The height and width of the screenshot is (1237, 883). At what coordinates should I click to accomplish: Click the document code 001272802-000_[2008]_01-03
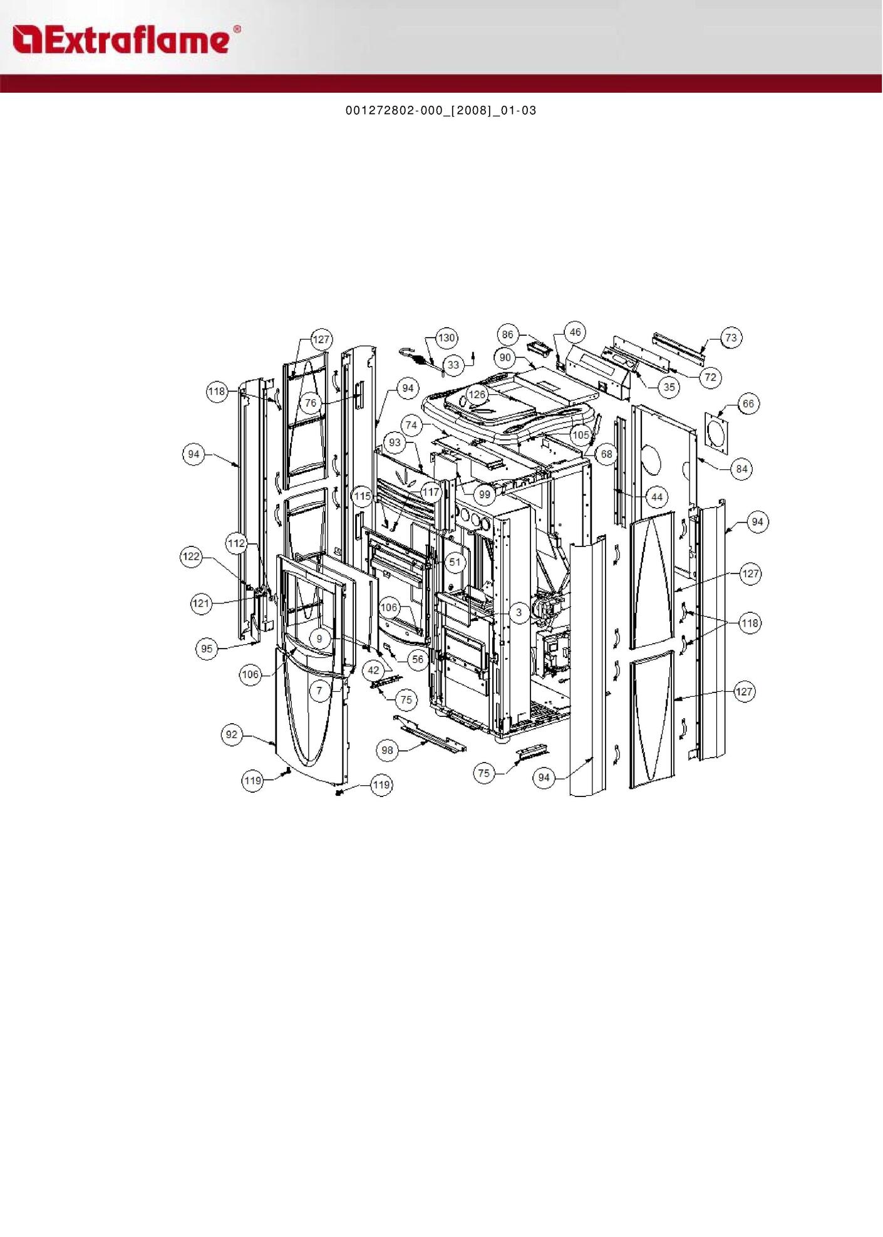441,111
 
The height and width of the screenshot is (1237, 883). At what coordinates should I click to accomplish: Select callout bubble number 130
446,338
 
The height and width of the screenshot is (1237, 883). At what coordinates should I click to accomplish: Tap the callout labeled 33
453,365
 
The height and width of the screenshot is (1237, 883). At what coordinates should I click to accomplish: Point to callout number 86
507,335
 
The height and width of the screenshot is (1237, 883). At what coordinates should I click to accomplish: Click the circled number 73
731,338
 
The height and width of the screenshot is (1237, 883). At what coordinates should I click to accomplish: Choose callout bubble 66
748,404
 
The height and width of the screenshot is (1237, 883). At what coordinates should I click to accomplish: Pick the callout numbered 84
741,469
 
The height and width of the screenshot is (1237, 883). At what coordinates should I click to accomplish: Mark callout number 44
656,498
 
